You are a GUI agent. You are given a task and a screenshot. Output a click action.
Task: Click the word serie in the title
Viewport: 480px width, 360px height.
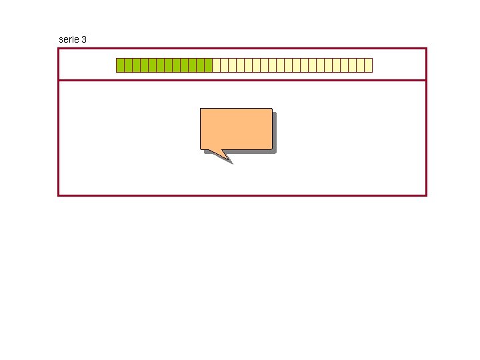(x=68, y=39)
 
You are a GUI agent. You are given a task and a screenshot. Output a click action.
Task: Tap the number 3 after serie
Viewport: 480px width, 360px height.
(x=83, y=39)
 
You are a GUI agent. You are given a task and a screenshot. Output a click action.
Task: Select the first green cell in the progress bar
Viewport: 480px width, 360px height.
(x=120, y=65)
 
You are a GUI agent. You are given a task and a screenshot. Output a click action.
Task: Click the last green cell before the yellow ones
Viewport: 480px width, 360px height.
(x=208, y=65)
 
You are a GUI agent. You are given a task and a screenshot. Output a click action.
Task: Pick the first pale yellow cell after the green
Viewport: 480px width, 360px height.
(x=216, y=65)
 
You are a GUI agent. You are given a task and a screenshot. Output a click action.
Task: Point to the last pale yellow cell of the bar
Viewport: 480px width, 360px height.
(x=368, y=65)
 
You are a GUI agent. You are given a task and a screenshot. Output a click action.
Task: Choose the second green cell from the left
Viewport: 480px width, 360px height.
(x=128, y=65)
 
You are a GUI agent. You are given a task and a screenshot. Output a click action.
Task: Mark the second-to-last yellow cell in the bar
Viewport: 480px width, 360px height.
(x=360, y=65)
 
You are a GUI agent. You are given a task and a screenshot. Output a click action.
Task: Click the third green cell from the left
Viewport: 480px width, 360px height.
(x=136, y=65)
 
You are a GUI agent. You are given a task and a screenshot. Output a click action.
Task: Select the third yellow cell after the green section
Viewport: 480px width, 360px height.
(x=232, y=65)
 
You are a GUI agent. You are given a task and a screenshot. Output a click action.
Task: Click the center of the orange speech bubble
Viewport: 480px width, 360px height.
(x=236, y=129)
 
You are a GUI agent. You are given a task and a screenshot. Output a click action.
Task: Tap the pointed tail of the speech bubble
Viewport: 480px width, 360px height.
(x=230, y=161)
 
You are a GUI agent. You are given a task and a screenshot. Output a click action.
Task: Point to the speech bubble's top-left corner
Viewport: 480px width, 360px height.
(x=201, y=109)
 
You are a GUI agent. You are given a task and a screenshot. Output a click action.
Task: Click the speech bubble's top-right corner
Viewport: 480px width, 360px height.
(x=272, y=109)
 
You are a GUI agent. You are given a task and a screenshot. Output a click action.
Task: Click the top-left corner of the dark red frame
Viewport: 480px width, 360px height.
(x=59, y=48)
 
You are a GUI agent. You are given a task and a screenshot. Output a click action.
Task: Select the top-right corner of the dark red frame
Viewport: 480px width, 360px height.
(x=426, y=48)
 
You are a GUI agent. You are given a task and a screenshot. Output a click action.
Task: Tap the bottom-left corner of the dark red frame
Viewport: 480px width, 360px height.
(x=59, y=195)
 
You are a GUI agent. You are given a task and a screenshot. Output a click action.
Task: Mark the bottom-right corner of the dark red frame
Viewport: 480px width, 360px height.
(x=426, y=195)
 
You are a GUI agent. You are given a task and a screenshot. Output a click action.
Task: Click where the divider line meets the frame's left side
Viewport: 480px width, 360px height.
(x=59, y=81)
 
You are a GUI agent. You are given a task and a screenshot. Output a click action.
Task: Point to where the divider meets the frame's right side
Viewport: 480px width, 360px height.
(x=426, y=81)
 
